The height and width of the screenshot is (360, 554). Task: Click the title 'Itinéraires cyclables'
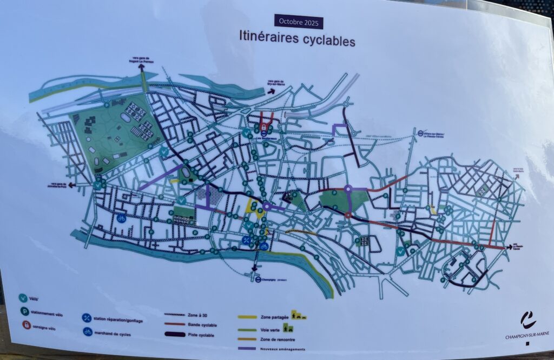[x=297, y=38]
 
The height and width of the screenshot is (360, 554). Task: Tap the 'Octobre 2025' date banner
[x=298, y=22]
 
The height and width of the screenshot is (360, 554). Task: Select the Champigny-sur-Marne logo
[x=527, y=321]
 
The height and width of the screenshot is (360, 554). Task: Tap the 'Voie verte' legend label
[x=269, y=328]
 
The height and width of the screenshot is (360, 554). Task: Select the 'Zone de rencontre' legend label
[x=275, y=339]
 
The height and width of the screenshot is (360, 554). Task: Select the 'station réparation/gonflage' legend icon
[x=86, y=318]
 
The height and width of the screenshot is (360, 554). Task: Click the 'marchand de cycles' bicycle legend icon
[x=87, y=331]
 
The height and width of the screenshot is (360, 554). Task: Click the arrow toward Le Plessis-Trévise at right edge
[x=509, y=247]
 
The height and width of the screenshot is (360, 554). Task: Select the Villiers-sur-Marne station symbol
[x=420, y=132]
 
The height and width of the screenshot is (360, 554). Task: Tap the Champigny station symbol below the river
[x=259, y=279]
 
